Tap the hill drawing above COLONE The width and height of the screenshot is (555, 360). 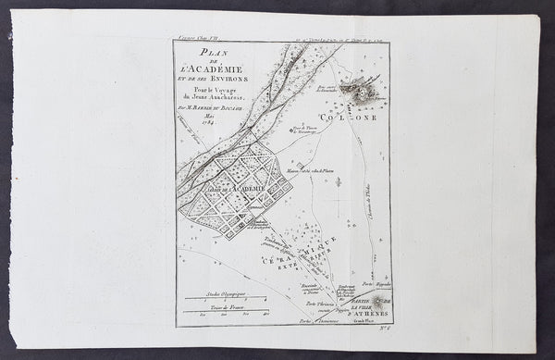pyautogui.click(x=354, y=90)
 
